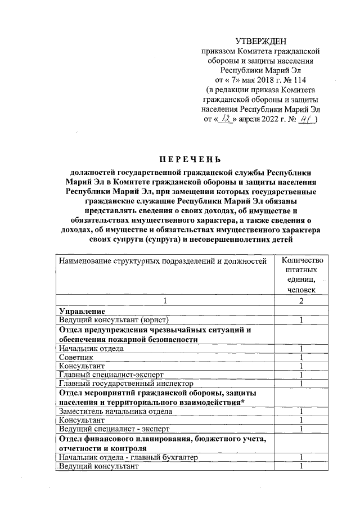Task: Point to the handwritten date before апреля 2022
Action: (x=226, y=119)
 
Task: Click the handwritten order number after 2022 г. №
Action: (x=306, y=119)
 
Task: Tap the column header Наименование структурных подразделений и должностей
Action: (x=163, y=261)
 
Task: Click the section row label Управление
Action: (x=80, y=311)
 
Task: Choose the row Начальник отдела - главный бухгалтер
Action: (x=129, y=458)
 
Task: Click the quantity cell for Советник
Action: (x=301, y=357)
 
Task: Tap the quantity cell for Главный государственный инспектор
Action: (x=301, y=384)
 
